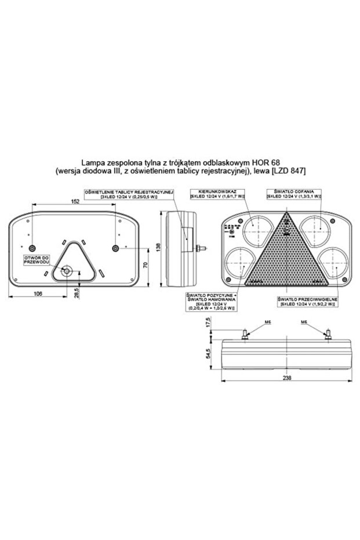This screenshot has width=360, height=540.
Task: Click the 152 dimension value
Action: (75, 202)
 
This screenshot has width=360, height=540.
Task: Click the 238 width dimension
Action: (287, 378)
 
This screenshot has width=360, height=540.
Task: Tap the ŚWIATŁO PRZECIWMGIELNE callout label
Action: (306, 299)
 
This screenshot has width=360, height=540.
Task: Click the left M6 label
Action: (250, 322)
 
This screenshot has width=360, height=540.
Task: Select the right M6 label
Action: (304, 322)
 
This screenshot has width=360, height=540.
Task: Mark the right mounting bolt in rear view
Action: (116, 248)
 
